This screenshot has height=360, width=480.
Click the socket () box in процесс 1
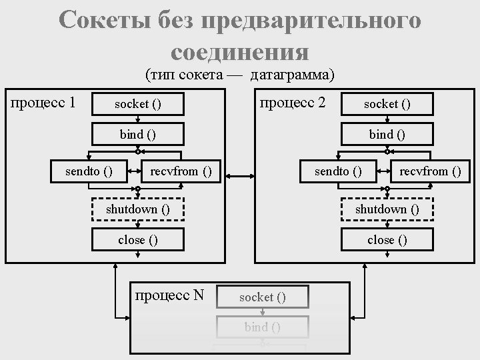click(137, 104)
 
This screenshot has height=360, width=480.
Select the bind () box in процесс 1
click(137, 134)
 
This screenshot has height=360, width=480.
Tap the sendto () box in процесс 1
click(87, 171)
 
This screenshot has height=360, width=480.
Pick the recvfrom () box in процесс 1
click(181, 171)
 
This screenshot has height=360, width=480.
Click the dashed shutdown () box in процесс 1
click(137, 209)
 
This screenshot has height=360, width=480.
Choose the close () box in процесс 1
click(137, 239)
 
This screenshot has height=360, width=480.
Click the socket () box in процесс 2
click(387, 103)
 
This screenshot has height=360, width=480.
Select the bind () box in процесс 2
click(387, 134)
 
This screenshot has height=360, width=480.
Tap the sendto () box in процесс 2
click(338, 171)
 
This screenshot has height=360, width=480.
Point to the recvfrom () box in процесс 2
click(430, 171)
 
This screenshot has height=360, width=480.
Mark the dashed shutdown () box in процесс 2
click(387, 209)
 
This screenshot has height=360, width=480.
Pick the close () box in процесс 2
click(387, 239)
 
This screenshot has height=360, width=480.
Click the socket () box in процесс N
click(263, 297)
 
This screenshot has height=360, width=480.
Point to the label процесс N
click(169, 295)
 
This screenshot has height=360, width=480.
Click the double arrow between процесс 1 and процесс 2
click(237, 177)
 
